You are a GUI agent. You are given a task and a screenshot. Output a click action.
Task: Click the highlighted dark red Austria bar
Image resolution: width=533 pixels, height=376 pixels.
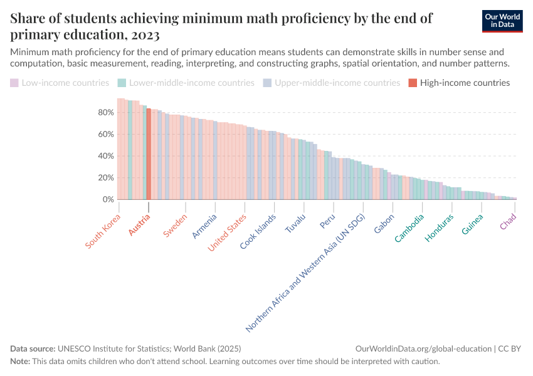[149, 154]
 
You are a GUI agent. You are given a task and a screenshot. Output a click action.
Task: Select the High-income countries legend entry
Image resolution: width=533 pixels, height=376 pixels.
[465, 83]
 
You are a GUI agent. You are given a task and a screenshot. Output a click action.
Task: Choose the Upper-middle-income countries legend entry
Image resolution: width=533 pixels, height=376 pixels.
[337, 83]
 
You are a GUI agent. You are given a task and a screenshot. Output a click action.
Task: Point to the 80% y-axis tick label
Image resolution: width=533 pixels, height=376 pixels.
[105, 112]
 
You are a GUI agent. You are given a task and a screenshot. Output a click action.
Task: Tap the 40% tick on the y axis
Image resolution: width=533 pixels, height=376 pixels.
[105, 156]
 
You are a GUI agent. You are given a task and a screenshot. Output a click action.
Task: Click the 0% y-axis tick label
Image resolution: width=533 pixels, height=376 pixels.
[108, 199]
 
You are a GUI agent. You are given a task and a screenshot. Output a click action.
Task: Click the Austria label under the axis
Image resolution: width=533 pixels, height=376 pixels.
[140, 225]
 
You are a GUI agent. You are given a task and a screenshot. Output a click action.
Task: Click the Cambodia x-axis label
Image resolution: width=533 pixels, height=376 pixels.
[409, 228]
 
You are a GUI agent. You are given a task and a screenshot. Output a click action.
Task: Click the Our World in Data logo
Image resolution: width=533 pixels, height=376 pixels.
[502, 21]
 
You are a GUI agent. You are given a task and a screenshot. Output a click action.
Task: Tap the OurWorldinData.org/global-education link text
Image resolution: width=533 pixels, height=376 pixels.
[423, 348]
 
